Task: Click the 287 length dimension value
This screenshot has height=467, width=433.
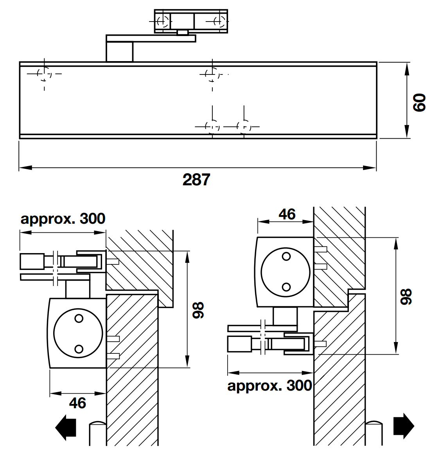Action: (196, 180)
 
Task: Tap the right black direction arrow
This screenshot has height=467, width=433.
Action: (403, 426)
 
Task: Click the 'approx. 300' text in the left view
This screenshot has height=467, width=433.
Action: (63, 219)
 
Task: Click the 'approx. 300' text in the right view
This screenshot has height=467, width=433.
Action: (270, 386)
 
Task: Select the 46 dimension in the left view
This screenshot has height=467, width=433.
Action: (77, 403)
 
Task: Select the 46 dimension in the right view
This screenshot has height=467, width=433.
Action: (287, 214)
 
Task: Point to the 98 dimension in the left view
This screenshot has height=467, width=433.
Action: (198, 310)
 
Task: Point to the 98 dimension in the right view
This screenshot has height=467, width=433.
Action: (407, 297)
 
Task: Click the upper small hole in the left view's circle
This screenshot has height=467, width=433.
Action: (79, 319)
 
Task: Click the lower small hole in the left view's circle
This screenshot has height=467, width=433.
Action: (79, 348)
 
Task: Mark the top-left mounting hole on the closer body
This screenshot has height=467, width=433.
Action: (45, 73)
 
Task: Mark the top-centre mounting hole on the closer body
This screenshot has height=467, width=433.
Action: (212, 73)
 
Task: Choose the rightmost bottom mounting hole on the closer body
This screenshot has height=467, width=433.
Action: (244, 127)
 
